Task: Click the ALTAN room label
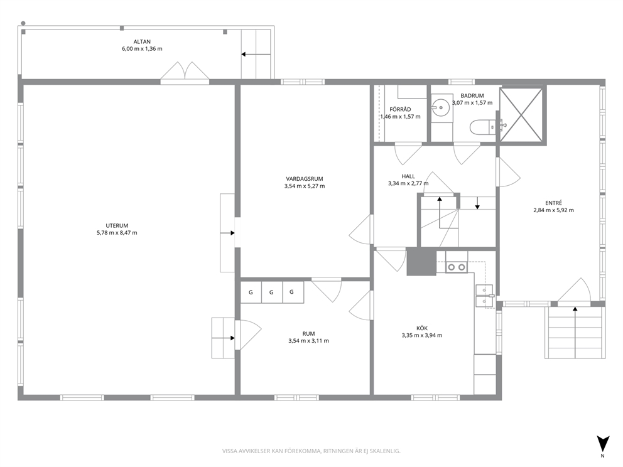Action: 142,41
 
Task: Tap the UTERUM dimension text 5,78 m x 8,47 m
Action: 117,233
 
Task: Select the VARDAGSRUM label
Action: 305,179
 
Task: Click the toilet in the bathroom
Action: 482,128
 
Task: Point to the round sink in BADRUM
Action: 442,107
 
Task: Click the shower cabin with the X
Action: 521,114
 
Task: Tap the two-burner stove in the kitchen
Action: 456,267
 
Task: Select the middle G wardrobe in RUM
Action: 271,293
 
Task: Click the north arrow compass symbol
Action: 603,443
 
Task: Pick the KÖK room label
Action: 422,328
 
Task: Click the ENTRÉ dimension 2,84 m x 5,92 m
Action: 553,210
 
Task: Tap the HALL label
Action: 408,176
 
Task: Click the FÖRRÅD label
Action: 400,109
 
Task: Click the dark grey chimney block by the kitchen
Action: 421,261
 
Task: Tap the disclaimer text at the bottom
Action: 311,451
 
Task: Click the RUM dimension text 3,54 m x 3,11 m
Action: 309,341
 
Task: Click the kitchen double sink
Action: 484,296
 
